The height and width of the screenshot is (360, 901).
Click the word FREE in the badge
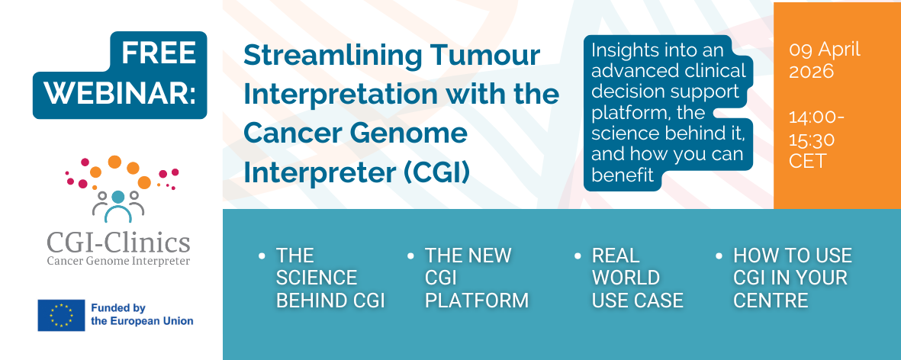(x=159, y=54)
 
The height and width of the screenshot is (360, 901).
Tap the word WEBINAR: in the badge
(x=121, y=93)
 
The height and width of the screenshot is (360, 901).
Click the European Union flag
(x=62, y=315)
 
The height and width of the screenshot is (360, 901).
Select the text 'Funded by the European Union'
(x=142, y=315)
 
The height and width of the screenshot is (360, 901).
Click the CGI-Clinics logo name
(x=118, y=243)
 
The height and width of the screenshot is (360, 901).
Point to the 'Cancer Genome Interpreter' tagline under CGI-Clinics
(x=118, y=262)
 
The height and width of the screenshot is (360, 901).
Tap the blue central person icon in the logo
(x=117, y=206)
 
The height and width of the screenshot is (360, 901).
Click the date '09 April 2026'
(x=825, y=60)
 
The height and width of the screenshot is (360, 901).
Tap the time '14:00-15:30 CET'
(x=816, y=140)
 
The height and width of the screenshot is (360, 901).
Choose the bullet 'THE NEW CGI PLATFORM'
(x=476, y=278)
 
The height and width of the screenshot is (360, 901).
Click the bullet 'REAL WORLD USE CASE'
(x=637, y=278)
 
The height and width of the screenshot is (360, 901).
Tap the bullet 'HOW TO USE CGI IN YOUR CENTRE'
(x=793, y=278)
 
